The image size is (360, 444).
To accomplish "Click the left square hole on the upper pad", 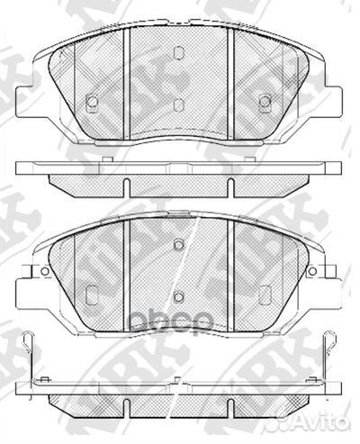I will (91, 101).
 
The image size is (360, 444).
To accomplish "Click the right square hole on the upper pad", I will (265, 101).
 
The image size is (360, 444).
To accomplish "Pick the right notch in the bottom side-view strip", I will (230, 380).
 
